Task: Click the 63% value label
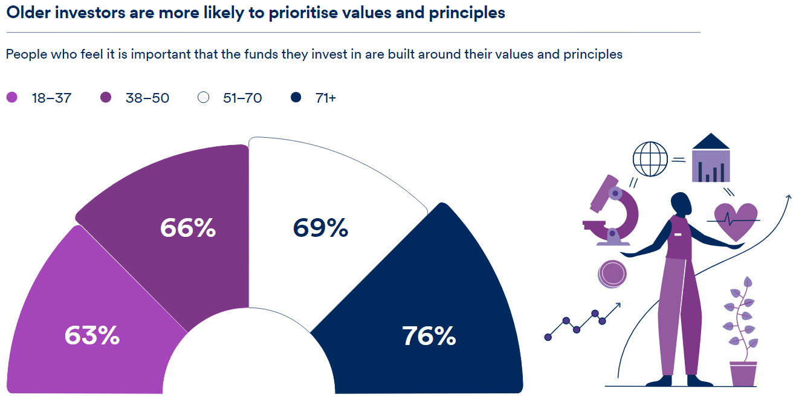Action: point(92,336)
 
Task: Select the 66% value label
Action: point(188,228)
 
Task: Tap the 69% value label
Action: point(320,228)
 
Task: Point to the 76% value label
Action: point(429,336)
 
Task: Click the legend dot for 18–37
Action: point(12,97)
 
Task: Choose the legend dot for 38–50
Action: point(106,97)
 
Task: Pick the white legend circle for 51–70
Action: point(203,97)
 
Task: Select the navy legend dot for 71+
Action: point(296,97)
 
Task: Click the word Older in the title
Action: point(30,13)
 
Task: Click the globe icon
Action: point(650,159)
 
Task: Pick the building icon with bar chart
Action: point(711,158)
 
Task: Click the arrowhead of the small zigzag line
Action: point(618,305)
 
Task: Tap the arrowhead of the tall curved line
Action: point(788,197)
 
